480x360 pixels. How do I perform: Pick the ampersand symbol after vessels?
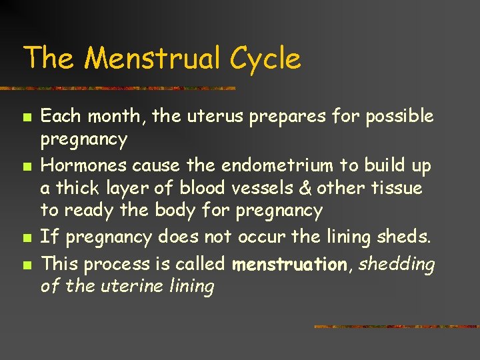305,189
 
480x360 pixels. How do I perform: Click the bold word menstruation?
290,264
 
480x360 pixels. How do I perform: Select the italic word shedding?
397,264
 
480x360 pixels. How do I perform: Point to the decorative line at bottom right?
396,327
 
